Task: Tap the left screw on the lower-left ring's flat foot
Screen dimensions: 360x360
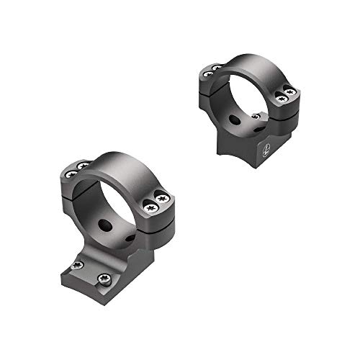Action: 78,266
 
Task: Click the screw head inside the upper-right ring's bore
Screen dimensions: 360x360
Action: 256,115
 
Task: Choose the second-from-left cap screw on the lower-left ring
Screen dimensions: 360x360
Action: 81,166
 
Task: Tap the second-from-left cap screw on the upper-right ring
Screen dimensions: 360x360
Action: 217,68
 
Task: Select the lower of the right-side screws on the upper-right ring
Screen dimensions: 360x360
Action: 280,98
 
